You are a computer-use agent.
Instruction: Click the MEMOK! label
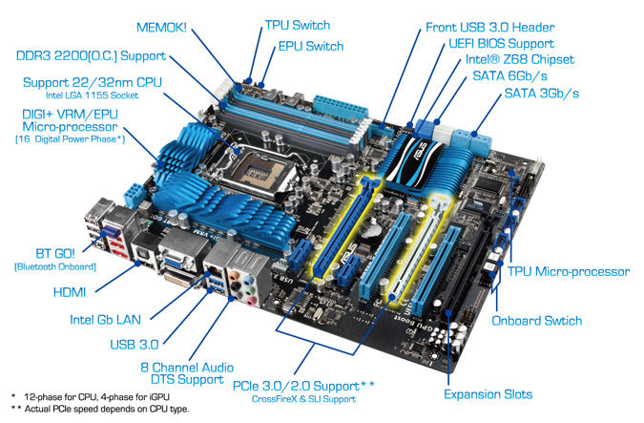(x=161, y=28)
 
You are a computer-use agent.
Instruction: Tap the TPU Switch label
(x=298, y=25)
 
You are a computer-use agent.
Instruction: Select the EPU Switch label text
(x=311, y=46)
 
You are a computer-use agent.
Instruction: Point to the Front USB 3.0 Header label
(x=490, y=28)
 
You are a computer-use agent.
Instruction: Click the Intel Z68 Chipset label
(x=520, y=59)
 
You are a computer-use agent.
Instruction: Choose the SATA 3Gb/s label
(x=541, y=94)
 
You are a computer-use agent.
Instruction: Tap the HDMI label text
(x=70, y=292)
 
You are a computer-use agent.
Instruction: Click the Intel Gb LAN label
(x=105, y=320)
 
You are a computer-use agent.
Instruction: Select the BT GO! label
(x=55, y=253)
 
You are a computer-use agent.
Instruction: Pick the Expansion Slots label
(x=488, y=394)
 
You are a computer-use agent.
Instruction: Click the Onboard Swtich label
(x=537, y=321)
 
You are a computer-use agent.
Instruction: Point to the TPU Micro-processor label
(x=569, y=272)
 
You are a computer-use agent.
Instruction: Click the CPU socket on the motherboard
(x=256, y=170)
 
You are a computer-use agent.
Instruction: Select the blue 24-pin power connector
(x=340, y=106)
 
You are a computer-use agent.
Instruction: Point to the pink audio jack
(x=250, y=302)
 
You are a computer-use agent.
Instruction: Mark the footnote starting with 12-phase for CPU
(x=96, y=397)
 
